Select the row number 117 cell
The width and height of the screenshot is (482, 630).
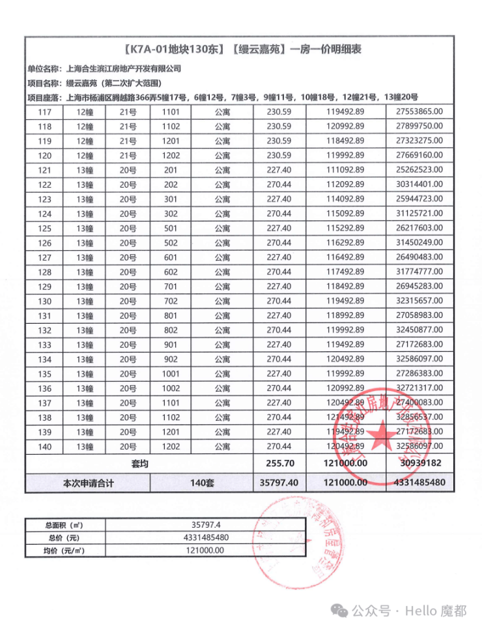click(x=45, y=112)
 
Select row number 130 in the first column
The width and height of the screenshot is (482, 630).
click(x=45, y=301)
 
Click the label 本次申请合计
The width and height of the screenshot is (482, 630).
click(x=89, y=483)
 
